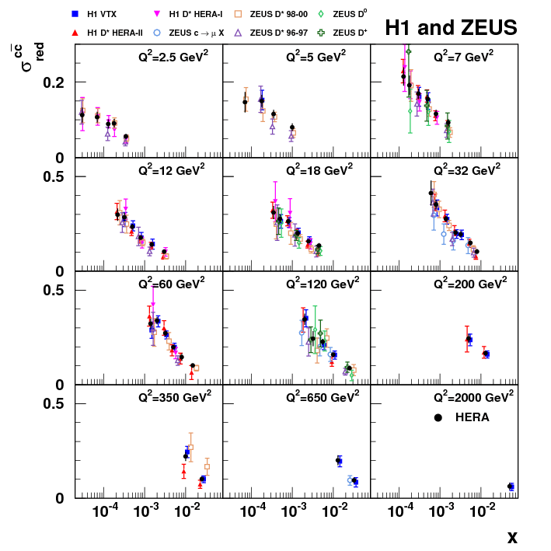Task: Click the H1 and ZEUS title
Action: point(451,29)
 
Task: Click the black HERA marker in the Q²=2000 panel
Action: point(438,417)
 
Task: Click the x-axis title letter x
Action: point(512,537)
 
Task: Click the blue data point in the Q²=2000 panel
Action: point(511,486)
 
